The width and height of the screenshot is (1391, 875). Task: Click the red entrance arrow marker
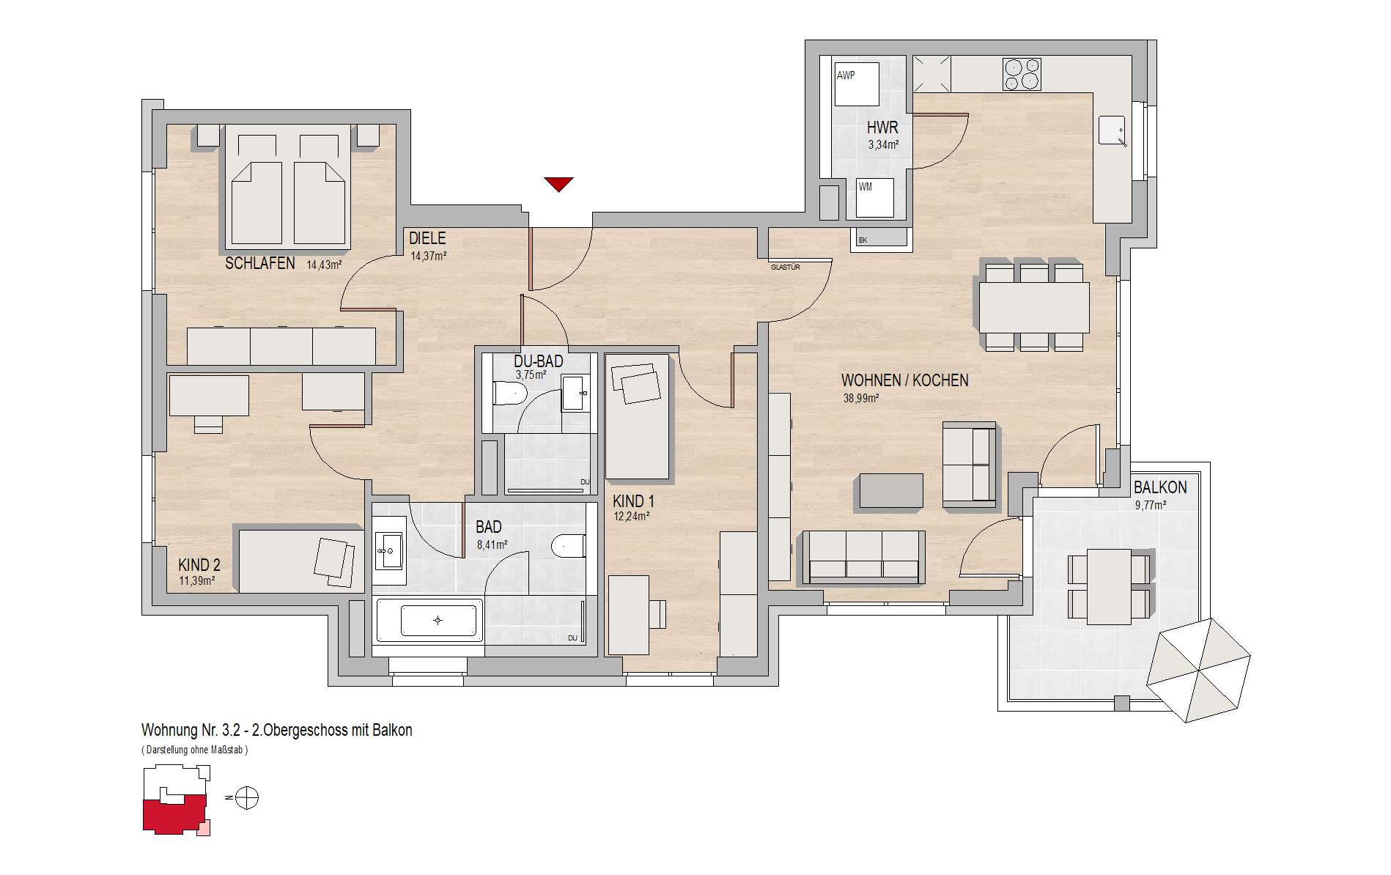coord(558,184)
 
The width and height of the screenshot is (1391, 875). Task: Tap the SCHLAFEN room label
coord(260,263)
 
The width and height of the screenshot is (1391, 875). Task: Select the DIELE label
coord(427,239)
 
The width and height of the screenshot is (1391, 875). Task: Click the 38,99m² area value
coord(862,399)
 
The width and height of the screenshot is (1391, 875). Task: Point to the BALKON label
coord(1160,487)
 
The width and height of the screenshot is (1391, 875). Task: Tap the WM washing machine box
coord(875,198)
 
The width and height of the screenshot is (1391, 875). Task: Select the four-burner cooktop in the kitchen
coord(1022,74)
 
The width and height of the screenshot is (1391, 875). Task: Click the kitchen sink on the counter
coord(1113,131)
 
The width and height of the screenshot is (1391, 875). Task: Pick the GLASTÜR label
coord(785,267)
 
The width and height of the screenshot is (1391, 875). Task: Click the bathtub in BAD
coord(429,620)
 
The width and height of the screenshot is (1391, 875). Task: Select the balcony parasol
coord(1198,670)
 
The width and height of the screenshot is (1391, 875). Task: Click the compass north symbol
coord(248,797)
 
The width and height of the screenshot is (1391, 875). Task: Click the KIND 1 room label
coord(633,502)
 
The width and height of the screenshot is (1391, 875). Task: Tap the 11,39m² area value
coord(197,581)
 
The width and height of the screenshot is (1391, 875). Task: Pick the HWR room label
coord(882,128)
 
